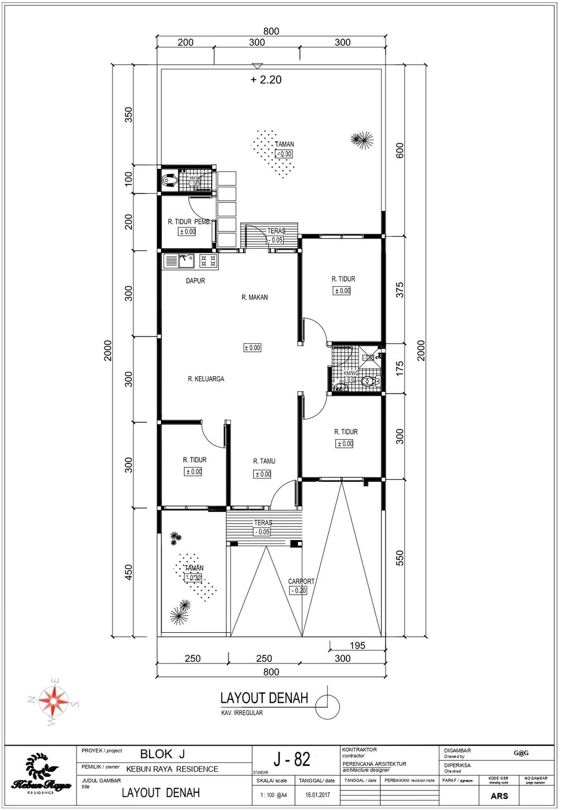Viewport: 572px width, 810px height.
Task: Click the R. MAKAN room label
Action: click(x=254, y=297)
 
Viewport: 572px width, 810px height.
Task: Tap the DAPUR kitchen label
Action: click(x=195, y=281)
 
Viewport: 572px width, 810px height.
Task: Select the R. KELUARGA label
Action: click(x=206, y=379)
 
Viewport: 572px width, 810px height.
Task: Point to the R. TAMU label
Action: click(x=264, y=461)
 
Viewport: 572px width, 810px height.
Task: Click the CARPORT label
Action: click(x=301, y=581)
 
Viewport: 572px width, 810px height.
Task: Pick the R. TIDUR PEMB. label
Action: click(x=189, y=222)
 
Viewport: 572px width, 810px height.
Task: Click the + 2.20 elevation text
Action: click(x=266, y=80)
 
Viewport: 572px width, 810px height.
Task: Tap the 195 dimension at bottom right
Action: click(x=357, y=645)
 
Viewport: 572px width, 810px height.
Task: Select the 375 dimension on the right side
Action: click(x=399, y=290)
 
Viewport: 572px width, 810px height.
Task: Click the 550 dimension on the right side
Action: click(x=399, y=558)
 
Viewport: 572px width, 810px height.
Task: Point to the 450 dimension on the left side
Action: click(x=128, y=572)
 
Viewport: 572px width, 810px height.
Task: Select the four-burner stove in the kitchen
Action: click(x=208, y=260)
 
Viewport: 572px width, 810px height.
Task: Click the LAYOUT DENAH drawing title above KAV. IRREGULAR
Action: click(x=264, y=698)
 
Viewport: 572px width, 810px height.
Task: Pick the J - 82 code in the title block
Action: click(x=292, y=759)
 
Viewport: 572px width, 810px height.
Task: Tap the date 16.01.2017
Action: click(x=317, y=795)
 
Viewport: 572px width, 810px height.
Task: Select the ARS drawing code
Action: click(x=499, y=796)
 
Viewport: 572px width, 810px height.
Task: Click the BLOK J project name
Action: click(x=162, y=754)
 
